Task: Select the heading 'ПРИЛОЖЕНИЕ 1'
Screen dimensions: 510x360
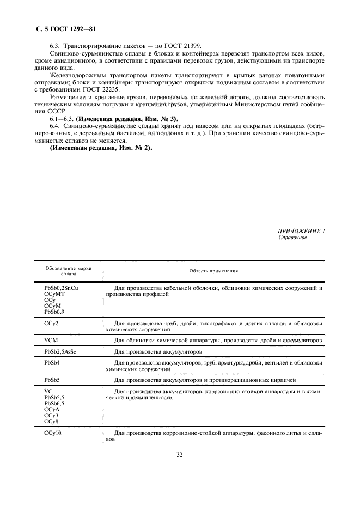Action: pos(301,232)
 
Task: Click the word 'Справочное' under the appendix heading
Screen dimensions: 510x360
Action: pos(292,238)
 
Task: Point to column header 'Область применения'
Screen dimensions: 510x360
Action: pos(213,271)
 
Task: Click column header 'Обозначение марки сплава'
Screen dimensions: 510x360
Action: pos(68,271)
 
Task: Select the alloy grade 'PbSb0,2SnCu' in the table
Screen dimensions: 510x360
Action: pos(61,287)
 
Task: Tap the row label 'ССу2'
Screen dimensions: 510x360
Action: pos(51,323)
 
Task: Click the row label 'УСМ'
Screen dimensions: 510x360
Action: pos(51,340)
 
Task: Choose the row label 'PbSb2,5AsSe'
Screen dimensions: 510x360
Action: pos(60,352)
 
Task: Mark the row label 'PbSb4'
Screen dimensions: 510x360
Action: pos(52,363)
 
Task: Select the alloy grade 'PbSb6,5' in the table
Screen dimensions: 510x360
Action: pos(54,404)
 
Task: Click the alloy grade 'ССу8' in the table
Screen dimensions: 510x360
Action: pos(51,422)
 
